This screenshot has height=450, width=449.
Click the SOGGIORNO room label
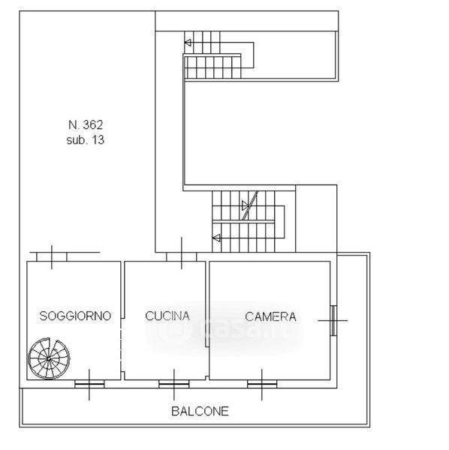coord(75,316)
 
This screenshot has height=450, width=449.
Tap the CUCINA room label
coord(167,316)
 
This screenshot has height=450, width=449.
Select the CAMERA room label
coord(270,316)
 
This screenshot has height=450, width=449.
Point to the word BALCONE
coord(200,411)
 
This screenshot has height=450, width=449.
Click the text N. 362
coord(86,124)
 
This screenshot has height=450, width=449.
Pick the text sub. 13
coord(86,140)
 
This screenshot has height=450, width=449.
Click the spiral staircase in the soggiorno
coord(49,358)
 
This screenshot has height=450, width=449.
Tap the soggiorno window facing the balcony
coord(89,384)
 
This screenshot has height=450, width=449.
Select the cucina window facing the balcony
coord(173,384)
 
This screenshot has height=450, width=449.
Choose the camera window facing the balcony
coord(262,384)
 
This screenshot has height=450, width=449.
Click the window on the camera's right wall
coord(333,320)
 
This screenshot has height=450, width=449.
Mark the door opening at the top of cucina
coord(182,256)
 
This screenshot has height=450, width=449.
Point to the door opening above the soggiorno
coord(52,256)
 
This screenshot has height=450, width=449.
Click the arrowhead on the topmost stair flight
coord(188,43)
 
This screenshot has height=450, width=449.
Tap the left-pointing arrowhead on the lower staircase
coord(216,238)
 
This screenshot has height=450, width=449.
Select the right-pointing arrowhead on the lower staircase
coord(246,205)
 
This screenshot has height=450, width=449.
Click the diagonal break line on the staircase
coord(250,205)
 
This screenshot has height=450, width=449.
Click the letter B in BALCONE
coord(175,411)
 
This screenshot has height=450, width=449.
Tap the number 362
coord(93,124)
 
